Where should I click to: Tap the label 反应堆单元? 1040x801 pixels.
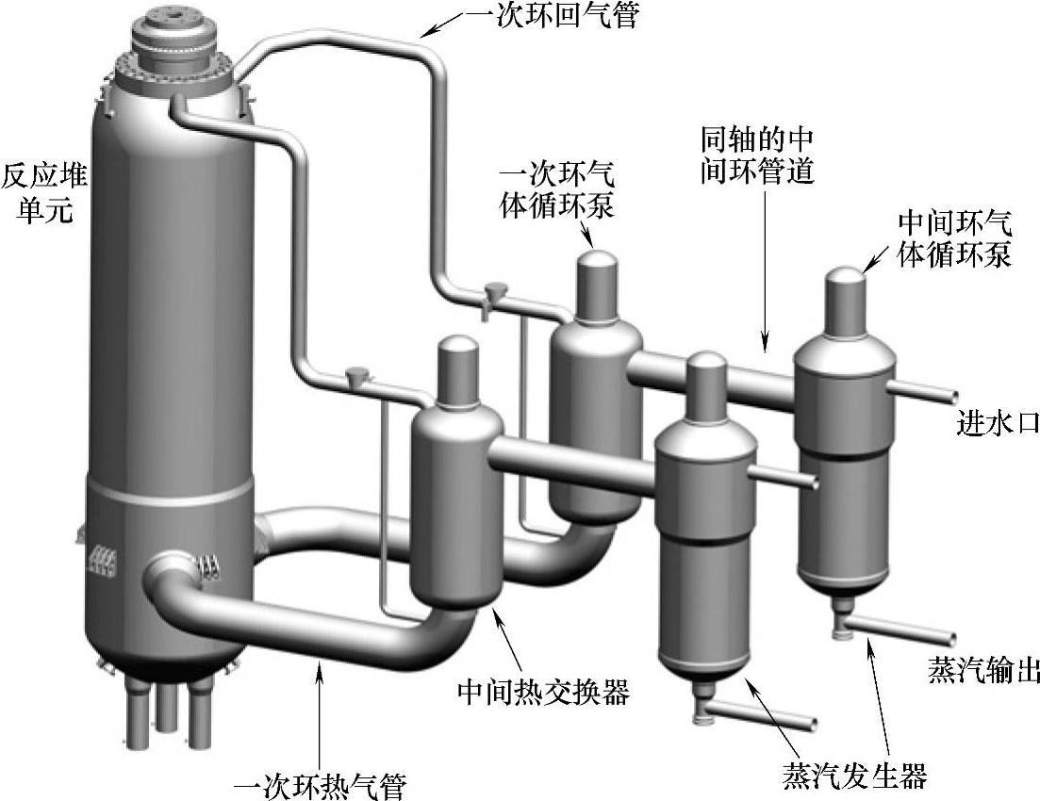(x=38, y=192)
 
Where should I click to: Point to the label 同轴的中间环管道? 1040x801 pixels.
(x=757, y=156)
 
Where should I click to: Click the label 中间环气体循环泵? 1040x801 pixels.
(x=954, y=239)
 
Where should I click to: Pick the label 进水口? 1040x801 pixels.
(x=998, y=424)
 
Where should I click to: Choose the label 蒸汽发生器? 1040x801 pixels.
(x=854, y=775)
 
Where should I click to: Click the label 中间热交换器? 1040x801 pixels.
(x=544, y=694)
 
